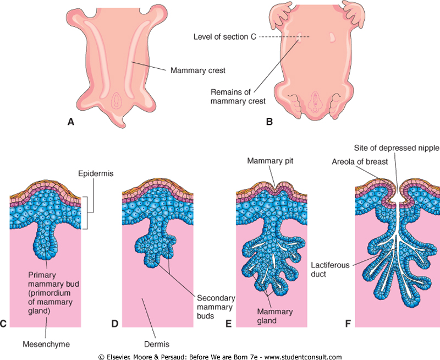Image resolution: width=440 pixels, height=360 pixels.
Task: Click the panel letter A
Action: [x=70, y=122]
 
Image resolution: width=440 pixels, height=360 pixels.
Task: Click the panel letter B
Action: [x=269, y=122]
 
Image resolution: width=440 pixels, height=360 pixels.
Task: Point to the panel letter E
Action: [x=229, y=324]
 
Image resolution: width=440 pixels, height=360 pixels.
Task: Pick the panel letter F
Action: [x=348, y=324]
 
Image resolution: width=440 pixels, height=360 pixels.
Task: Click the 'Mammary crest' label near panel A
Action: [x=197, y=70]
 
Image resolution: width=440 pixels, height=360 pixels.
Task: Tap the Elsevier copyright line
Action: [x=220, y=356]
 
